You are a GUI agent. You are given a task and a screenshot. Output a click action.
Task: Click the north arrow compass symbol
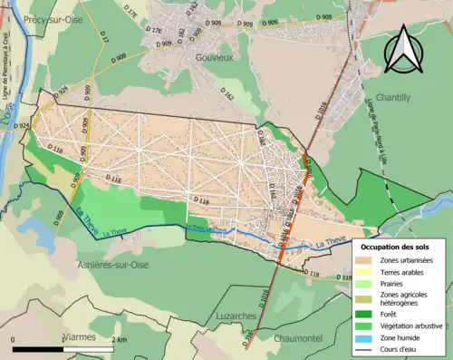(403, 49)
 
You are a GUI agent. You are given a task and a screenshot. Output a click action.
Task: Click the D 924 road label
(62, 93)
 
